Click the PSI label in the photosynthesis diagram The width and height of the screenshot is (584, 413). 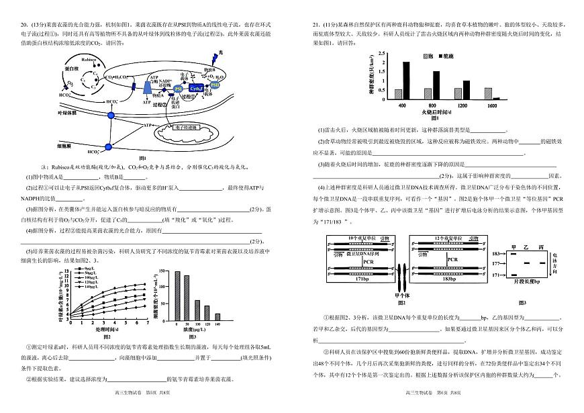[178, 89]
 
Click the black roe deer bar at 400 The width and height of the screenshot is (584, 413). [406, 81]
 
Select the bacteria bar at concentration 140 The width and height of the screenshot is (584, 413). [217, 317]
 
